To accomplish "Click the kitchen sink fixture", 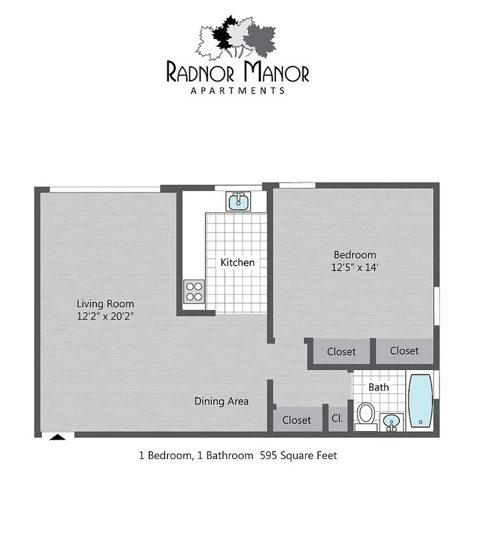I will (238, 201).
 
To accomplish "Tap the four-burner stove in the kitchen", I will (193, 291).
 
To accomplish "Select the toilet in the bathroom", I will (366, 415).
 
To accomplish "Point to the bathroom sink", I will (391, 422).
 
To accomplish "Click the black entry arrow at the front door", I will (58, 437).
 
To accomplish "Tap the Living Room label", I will (105, 303).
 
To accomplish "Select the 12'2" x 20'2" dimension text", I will (105, 316).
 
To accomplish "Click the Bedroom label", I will (354, 254).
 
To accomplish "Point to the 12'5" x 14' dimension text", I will (354, 267).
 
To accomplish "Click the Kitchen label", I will (237, 262).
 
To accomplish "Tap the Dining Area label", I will (222, 401).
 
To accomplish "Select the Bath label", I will (379, 387).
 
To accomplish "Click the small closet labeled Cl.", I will (337, 419).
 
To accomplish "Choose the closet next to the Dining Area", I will (297, 419).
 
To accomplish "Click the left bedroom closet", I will (341, 351).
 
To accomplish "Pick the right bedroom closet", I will (405, 351).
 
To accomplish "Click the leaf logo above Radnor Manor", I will (237, 37).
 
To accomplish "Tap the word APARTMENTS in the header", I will (237, 90).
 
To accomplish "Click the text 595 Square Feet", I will (298, 455).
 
